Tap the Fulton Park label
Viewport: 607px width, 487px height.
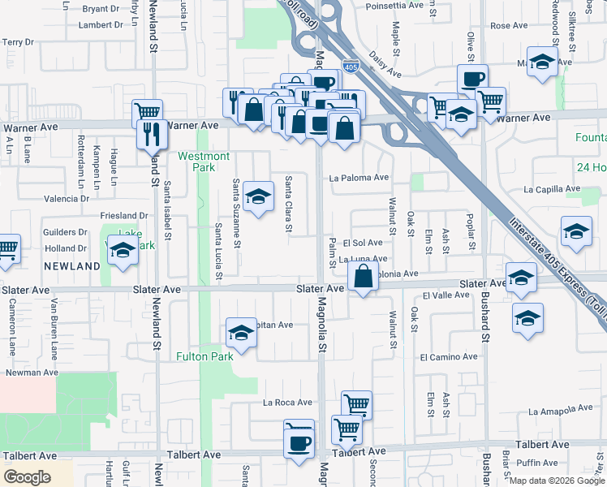[x=205, y=356]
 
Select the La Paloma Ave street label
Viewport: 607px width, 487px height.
[x=359, y=178]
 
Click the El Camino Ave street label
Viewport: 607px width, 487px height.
[x=449, y=356]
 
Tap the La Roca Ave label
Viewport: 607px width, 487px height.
[x=287, y=402]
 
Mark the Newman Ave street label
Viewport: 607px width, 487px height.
[x=32, y=373]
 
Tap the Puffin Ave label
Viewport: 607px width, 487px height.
[x=537, y=463]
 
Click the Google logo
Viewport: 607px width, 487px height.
[x=28, y=476]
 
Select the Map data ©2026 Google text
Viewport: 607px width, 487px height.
[x=556, y=481]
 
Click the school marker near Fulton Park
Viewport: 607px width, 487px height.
[x=241, y=332]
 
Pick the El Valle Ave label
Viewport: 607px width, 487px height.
[x=446, y=295]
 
